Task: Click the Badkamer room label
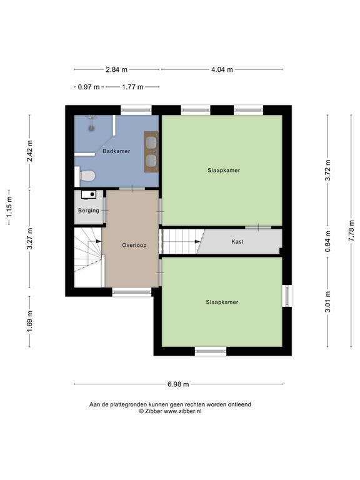(x=116, y=151)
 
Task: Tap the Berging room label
(x=89, y=211)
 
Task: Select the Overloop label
(x=134, y=245)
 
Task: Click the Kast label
(x=237, y=241)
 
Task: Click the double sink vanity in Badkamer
(x=151, y=151)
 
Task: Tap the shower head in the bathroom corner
(x=92, y=119)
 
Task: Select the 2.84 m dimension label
(x=117, y=69)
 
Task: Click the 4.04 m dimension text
(x=222, y=69)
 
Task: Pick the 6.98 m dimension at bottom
(x=178, y=384)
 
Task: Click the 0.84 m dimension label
(x=327, y=241)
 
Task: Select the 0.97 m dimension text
(x=89, y=87)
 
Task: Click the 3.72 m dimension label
(x=327, y=170)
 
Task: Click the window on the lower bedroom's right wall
(x=287, y=296)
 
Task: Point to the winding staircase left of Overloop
(x=87, y=256)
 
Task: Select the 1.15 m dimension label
(x=9, y=207)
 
